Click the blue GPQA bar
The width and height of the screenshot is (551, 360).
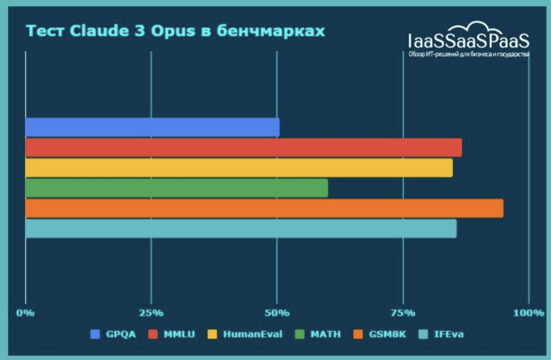coord(152,127)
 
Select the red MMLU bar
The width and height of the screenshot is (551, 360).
coord(243,148)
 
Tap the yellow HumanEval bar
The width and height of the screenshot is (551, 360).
coord(239,168)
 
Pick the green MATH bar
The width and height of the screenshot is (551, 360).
coord(176,188)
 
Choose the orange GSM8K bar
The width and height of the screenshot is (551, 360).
coord(264,208)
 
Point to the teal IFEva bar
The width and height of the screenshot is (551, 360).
coord(241,229)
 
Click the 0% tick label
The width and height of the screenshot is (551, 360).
coord(25,313)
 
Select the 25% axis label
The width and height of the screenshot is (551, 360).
coord(151,313)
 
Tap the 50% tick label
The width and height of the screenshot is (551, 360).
coord(277,313)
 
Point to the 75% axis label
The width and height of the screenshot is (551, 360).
coord(403,313)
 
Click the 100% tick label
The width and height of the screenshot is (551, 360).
coord(529,313)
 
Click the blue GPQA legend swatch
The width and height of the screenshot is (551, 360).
coord(95,334)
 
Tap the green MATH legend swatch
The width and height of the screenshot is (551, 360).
coord(300,334)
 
